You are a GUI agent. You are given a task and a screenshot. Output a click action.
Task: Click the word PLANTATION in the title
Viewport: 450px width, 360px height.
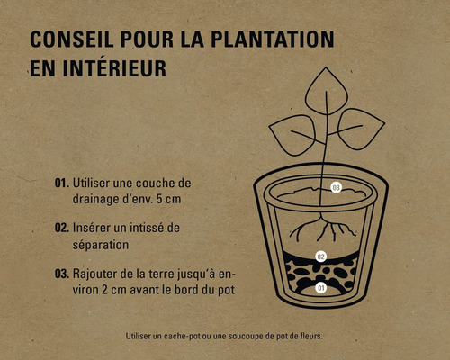(x=273, y=40)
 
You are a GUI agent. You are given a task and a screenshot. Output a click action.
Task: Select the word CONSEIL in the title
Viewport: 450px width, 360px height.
(x=72, y=40)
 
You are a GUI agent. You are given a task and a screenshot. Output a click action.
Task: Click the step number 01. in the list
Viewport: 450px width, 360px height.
(x=62, y=183)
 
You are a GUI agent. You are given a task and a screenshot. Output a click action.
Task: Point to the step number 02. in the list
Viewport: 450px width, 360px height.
(x=62, y=228)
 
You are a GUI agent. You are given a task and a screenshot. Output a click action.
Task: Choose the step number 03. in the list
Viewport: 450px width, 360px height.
(x=62, y=274)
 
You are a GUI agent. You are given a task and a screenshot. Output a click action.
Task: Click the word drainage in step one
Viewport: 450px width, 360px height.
(x=95, y=200)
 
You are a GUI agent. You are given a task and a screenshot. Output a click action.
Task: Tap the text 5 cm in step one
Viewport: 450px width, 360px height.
(x=168, y=200)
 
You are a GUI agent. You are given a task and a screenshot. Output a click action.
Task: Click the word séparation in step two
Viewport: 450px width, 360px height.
(x=101, y=246)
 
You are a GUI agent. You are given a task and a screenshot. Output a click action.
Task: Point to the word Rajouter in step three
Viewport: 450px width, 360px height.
(x=94, y=274)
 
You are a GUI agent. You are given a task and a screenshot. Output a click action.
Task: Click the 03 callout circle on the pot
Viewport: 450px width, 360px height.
(x=336, y=188)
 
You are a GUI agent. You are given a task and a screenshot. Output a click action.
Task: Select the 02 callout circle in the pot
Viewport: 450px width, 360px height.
(x=321, y=256)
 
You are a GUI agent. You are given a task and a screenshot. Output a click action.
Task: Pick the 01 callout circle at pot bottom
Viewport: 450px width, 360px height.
(x=321, y=288)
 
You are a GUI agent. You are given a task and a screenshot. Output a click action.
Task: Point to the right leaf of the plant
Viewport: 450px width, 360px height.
(x=360, y=129)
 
